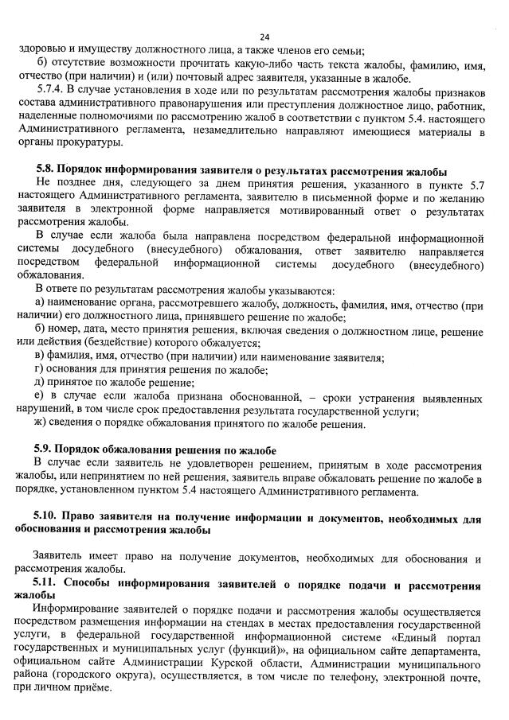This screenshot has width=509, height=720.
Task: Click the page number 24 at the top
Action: pyautogui.click(x=264, y=37)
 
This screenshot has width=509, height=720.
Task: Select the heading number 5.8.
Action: pyautogui.click(x=46, y=172)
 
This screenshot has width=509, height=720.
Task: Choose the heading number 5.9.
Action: pyautogui.click(x=46, y=451)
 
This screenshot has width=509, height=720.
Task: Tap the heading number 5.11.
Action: pyautogui.click(x=49, y=585)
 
